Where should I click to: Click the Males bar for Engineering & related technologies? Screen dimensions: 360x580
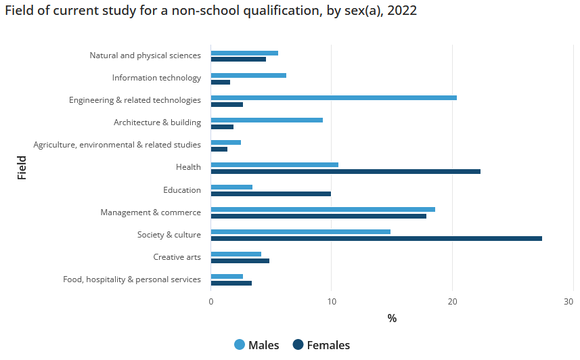334,97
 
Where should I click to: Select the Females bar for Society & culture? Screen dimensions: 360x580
376,238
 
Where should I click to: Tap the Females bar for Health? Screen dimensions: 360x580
345,171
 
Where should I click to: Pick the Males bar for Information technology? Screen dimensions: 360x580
248,75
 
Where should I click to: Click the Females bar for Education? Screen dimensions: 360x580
271,194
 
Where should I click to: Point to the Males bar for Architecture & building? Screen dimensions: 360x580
267,120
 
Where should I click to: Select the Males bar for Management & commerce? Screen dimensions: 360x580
323,209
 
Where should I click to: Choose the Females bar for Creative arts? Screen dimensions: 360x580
240,261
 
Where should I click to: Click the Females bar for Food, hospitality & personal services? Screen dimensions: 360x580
231,283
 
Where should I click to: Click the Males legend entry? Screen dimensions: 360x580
256,345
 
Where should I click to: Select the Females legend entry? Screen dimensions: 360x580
321,345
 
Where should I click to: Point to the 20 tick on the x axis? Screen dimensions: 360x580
452,302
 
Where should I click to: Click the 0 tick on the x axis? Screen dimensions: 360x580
211,302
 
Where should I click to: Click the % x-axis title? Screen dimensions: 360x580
392,318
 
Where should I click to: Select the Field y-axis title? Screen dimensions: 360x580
22,167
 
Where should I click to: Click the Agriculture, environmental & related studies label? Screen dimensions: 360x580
117,145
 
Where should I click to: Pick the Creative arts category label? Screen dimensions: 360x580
177,257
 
